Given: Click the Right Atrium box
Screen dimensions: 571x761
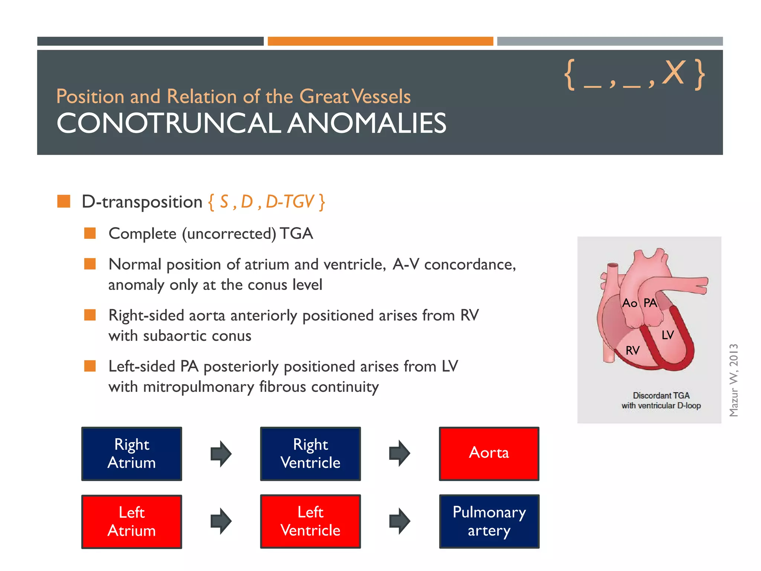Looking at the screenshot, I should click(132, 454).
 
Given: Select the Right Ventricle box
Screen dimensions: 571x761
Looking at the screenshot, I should click(310, 454).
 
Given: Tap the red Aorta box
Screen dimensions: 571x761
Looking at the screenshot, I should click(489, 454).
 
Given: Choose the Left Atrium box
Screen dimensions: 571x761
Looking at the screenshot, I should click(132, 521).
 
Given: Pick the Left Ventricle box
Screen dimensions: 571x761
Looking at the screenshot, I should click(310, 521).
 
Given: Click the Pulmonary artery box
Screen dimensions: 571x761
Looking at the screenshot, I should click(489, 521).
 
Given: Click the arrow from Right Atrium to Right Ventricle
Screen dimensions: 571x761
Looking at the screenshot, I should click(221, 454).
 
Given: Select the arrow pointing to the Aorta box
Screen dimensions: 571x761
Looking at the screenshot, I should click(399, 453).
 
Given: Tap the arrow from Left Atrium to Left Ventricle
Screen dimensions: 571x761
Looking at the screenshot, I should click(221, 521).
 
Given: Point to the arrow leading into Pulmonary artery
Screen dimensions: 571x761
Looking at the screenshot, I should click(399, 521).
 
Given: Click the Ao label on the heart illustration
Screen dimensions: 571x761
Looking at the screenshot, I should click(630, 303).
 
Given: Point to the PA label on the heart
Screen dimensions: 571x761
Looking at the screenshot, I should click(650, 303).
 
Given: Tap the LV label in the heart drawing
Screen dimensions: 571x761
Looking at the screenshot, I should click(667, 335).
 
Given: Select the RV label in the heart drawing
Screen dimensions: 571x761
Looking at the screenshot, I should click(632, 350).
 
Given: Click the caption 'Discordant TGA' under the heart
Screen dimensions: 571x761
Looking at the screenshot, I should click(661, 396).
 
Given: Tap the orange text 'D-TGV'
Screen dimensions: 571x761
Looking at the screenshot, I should click(290, 202).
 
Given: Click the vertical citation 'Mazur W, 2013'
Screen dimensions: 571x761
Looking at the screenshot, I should click(734, 380).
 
